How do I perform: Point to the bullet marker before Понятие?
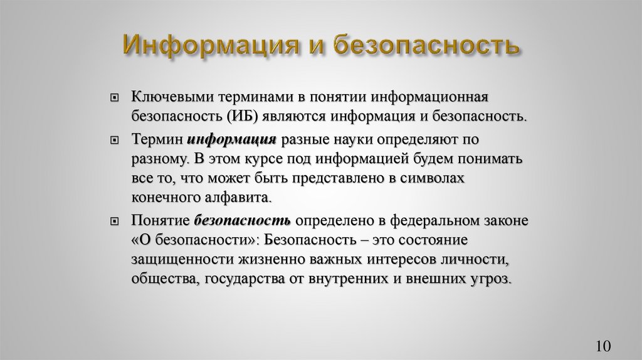(114, 221)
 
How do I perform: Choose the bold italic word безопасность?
(242, 221)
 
